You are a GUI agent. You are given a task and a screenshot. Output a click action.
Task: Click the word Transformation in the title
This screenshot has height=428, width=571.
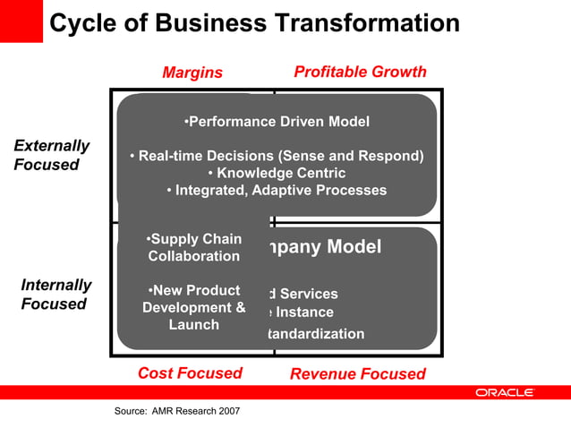click(x=358, y=22)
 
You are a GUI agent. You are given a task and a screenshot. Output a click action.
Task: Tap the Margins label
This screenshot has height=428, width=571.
click(x=192, y=73)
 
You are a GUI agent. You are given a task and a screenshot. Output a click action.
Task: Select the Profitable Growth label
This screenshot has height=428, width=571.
click(x=360, y=72)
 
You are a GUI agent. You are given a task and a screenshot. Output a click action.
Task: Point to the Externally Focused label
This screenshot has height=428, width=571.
click(x=52, y=155)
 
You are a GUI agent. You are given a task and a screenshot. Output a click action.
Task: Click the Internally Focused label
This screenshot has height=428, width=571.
click(x=55, y=295)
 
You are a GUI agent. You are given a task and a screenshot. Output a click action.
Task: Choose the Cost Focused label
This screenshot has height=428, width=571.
click(x=190, y=373)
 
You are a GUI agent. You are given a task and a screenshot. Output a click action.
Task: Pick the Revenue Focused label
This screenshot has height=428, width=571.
click(x=358, y=373)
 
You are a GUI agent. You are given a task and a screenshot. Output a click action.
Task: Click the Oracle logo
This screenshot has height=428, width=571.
click(x=505, y=392)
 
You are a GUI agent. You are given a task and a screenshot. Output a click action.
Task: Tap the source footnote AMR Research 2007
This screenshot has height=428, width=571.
click(x=177, y=411)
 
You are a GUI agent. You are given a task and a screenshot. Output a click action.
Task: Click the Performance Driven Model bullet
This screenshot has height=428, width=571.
click(x=276, y=121)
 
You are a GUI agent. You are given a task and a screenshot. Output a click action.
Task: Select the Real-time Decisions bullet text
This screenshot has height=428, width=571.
click(x=277, y=156)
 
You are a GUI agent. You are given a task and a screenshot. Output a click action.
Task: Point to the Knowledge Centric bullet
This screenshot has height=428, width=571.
click(x=276, y=173)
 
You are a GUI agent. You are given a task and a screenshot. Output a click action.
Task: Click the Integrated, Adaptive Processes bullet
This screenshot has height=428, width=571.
click(x=276, y=190)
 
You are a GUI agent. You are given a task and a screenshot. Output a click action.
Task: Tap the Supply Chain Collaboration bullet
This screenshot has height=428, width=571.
click(x=194, y=248)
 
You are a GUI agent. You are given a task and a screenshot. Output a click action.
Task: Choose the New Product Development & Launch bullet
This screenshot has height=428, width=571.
click(x=194, y=307)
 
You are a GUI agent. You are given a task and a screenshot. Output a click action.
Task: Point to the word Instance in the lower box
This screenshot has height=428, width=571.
click(x=303, y=312)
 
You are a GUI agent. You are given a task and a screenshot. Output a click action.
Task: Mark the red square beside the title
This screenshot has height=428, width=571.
click(x=21, y=21)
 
